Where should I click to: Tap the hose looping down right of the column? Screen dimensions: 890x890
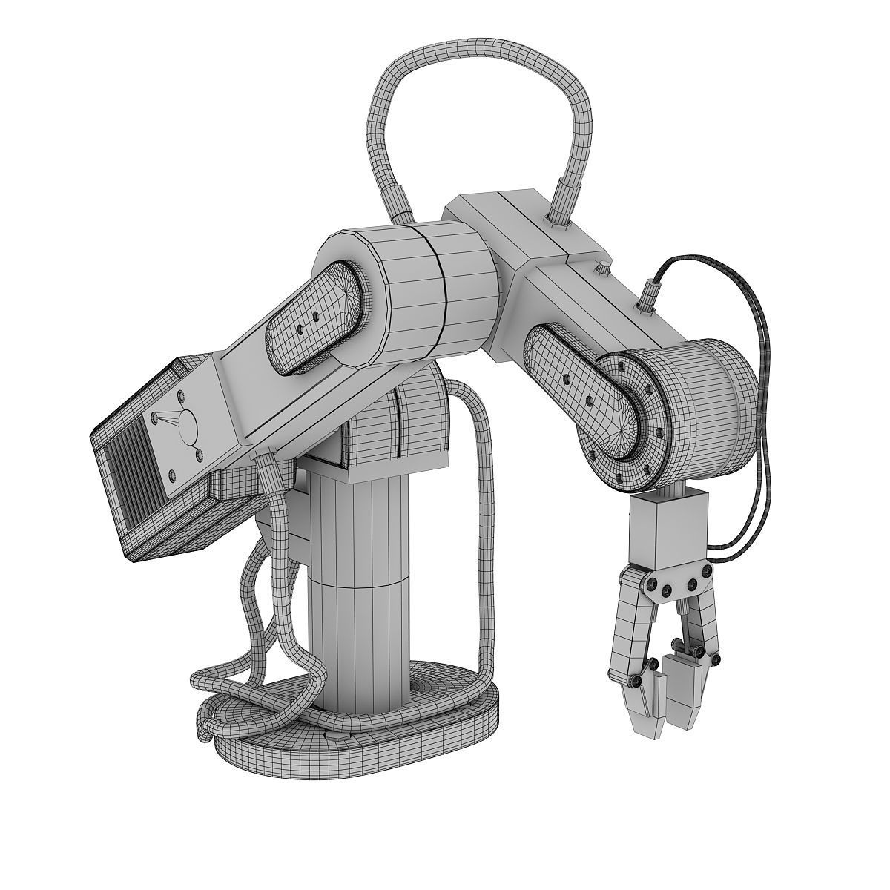click(x=486, y=519)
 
